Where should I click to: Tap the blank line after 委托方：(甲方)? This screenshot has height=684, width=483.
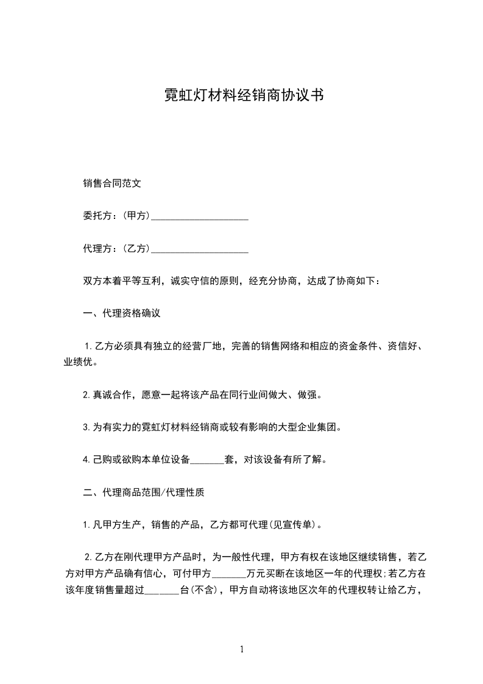[x=199, y=216]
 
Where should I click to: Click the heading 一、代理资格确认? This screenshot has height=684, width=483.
[x=122, y=314]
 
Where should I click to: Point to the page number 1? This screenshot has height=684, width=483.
[x=242, y=649]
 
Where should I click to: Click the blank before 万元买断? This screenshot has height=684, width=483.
[x=230, y=573]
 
